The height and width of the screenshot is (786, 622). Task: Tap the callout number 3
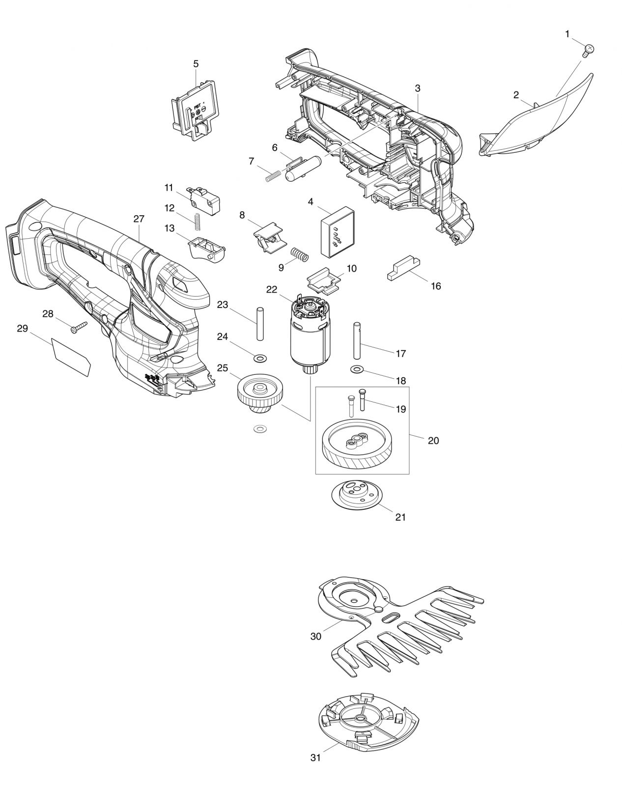[x=418, y=88]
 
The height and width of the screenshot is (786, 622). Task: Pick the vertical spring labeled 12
[x=197, y=222]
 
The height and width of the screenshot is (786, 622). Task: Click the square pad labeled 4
[x=338, y=232]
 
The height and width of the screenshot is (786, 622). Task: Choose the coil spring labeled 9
[x=300, y=255]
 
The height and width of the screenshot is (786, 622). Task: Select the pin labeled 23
[x=260, y=324]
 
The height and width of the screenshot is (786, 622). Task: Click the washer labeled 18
[x=357, y=369]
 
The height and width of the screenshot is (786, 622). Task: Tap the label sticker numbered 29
[x=71, y=357]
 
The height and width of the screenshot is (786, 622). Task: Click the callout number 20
[x=433, y=441]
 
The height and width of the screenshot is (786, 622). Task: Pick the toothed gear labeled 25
[x=260, y=393]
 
